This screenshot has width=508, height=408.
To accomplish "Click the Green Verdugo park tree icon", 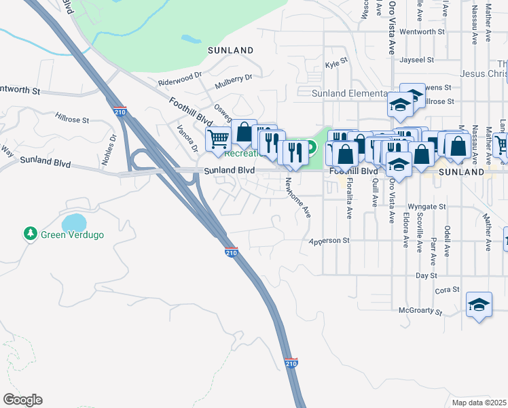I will pos(30,234).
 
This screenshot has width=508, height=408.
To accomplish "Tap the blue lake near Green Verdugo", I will pos(74,222).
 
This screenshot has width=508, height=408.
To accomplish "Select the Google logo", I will pos(22,400).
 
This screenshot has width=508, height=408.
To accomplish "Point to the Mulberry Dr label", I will pos(233,82).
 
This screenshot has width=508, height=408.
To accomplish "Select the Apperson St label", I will pos(329,240).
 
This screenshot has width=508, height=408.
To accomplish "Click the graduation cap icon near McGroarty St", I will pos(479,305).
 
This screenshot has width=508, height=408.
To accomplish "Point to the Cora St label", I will pos(447,290).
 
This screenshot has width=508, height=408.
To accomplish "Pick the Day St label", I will pos(426,275).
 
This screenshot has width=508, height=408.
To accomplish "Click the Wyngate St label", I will pos(427,206).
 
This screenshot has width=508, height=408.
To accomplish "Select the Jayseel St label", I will pos(417,60).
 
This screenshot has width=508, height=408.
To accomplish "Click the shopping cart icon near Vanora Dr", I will pos(219,139).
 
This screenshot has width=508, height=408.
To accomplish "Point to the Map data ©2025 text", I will pos(479,402).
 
